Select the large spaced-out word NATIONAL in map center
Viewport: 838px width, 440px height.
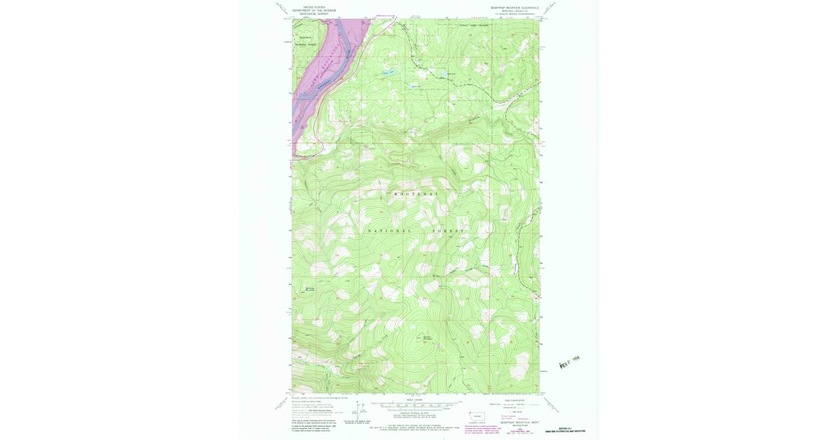(390, 230)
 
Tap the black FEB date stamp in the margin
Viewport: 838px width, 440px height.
(570, 362)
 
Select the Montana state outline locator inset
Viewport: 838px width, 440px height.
(478, 414)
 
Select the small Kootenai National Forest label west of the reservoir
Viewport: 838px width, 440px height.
(305, 40)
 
